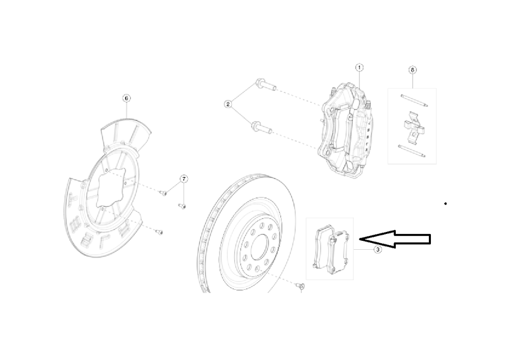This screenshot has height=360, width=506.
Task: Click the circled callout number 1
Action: click(x=359, y=67)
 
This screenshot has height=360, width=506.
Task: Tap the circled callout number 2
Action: click(x=228, y=104)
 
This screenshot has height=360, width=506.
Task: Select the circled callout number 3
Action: click(x=378, y=250)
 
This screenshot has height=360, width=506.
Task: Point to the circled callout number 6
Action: click(x=126, y=98)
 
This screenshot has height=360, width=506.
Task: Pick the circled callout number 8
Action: click(x=413, y=70)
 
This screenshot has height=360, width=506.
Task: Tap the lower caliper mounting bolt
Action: click(x=262, y=128)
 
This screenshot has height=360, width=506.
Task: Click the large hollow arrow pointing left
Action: click(x=395, y=240)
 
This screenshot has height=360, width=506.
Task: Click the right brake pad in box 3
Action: click(x=340, y=253)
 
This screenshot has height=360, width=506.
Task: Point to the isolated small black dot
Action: click(x=445, y=203)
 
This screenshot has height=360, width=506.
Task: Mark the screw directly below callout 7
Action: click(x=182, y=206)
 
